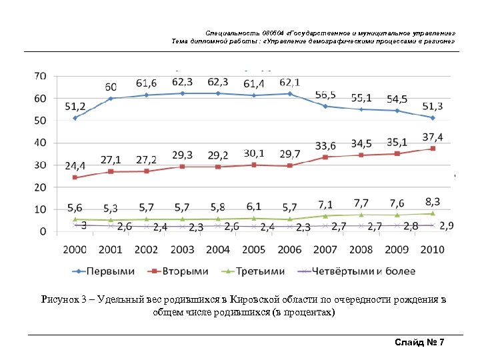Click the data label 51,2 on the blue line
click(75, 106)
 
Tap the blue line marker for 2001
click(111, 98)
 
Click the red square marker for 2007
click(325, 157)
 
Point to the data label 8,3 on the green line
click(432, 200)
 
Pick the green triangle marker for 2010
click(433, 213)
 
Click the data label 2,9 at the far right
click(446, 227)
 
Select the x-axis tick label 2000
click(75, 249)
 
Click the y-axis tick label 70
click(40, 76)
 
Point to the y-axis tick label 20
click(40, 187)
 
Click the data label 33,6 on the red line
click(325, 146)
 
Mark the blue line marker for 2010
click(433, 118)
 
